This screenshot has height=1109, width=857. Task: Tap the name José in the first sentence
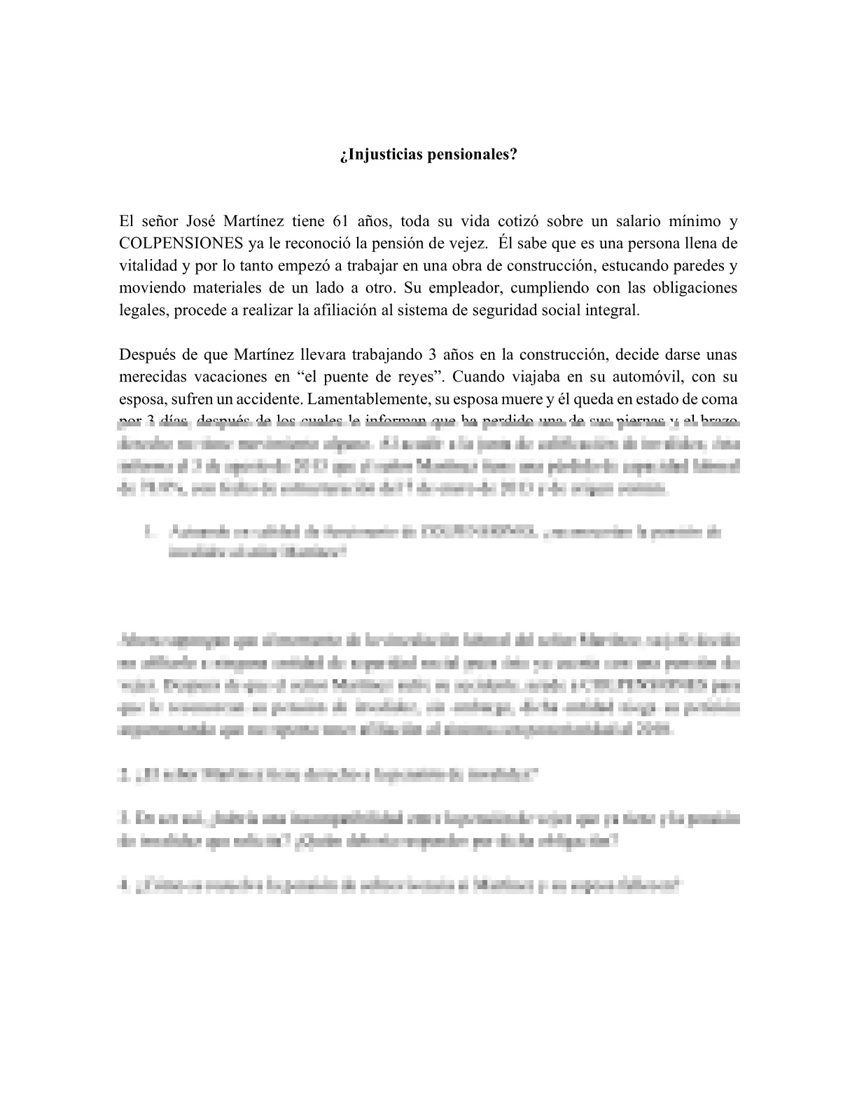coord(201,222)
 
